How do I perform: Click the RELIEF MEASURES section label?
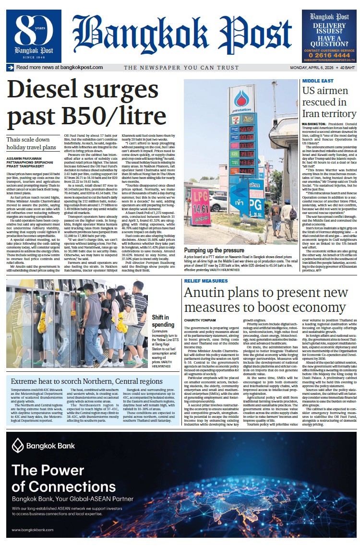coord(206,281)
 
